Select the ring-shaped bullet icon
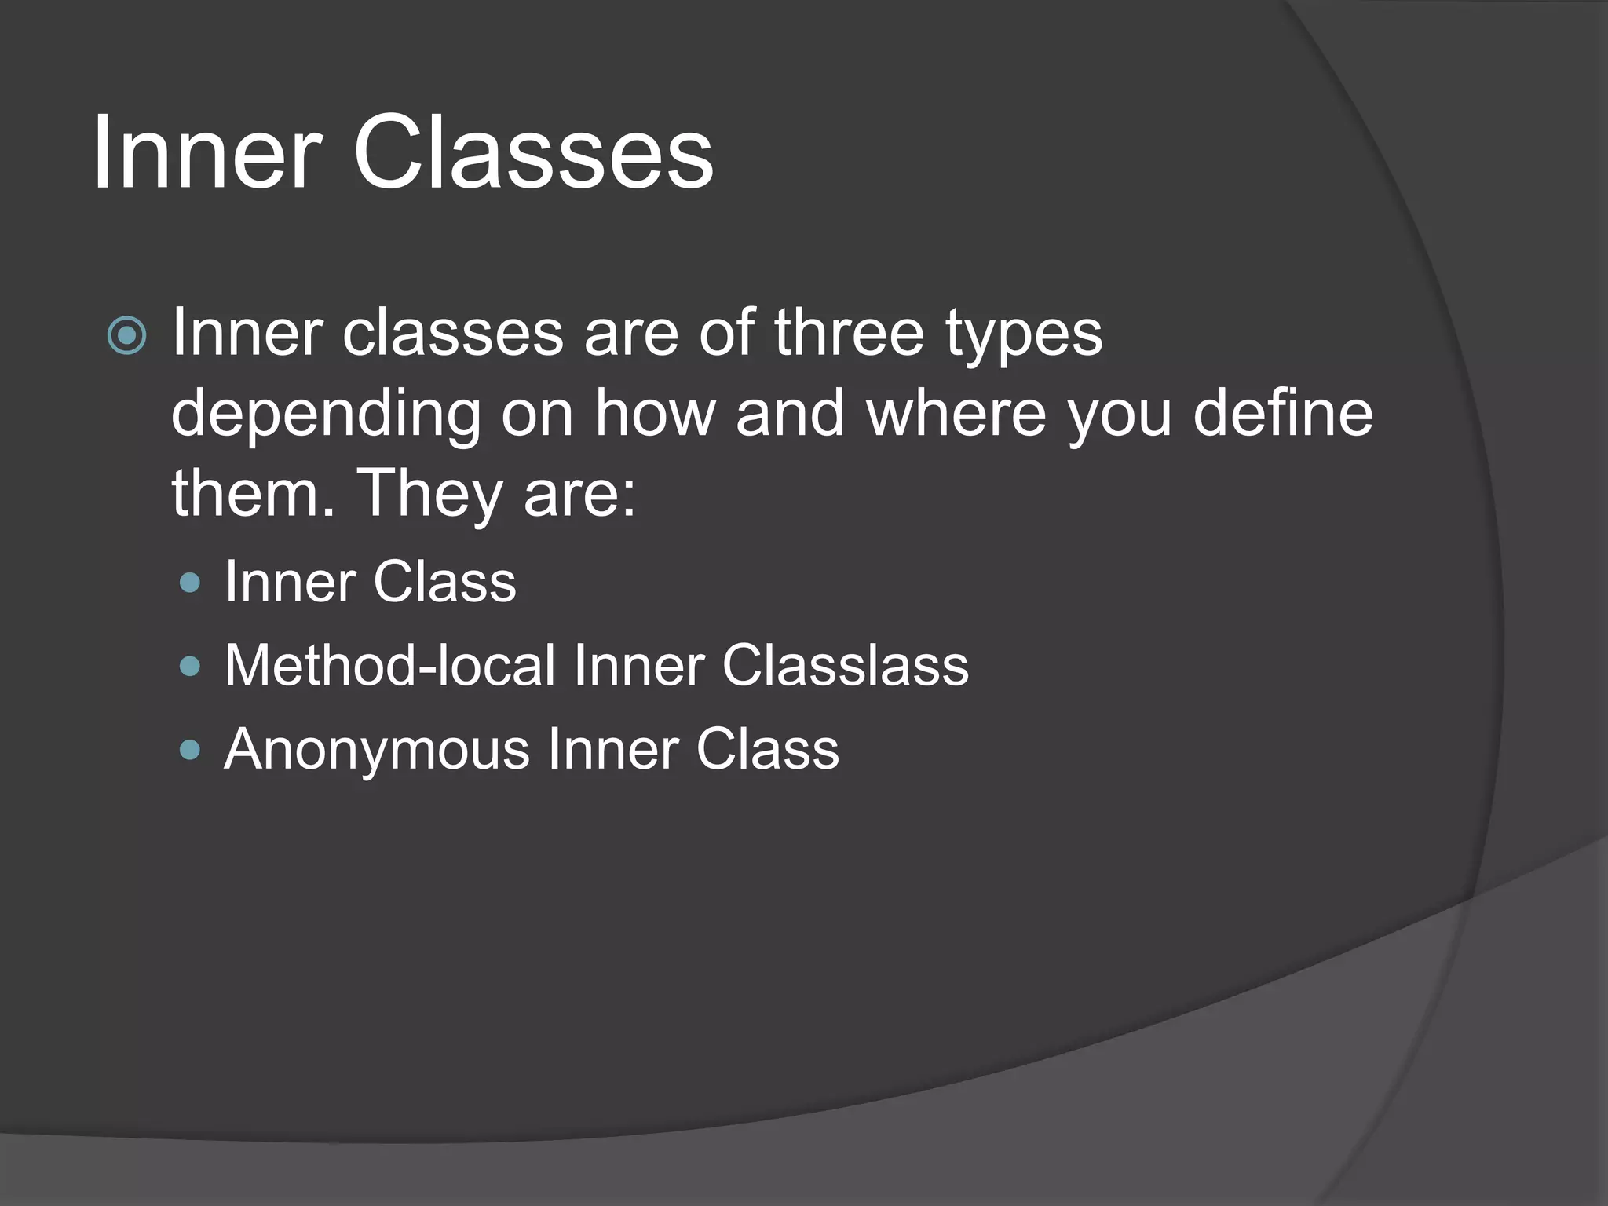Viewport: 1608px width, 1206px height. (126, 336)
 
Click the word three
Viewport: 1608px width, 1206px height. (849, 333)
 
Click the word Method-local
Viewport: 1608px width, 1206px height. (389, 666)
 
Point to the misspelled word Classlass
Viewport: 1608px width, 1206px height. (845, 666)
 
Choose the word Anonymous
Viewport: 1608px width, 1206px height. (377, 751)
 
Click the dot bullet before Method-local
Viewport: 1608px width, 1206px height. (190, 667)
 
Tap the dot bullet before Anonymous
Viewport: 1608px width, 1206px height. (190, 750)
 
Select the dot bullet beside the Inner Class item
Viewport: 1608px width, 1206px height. (190, 583)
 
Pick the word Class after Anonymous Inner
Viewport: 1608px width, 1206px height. (767, 749)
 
